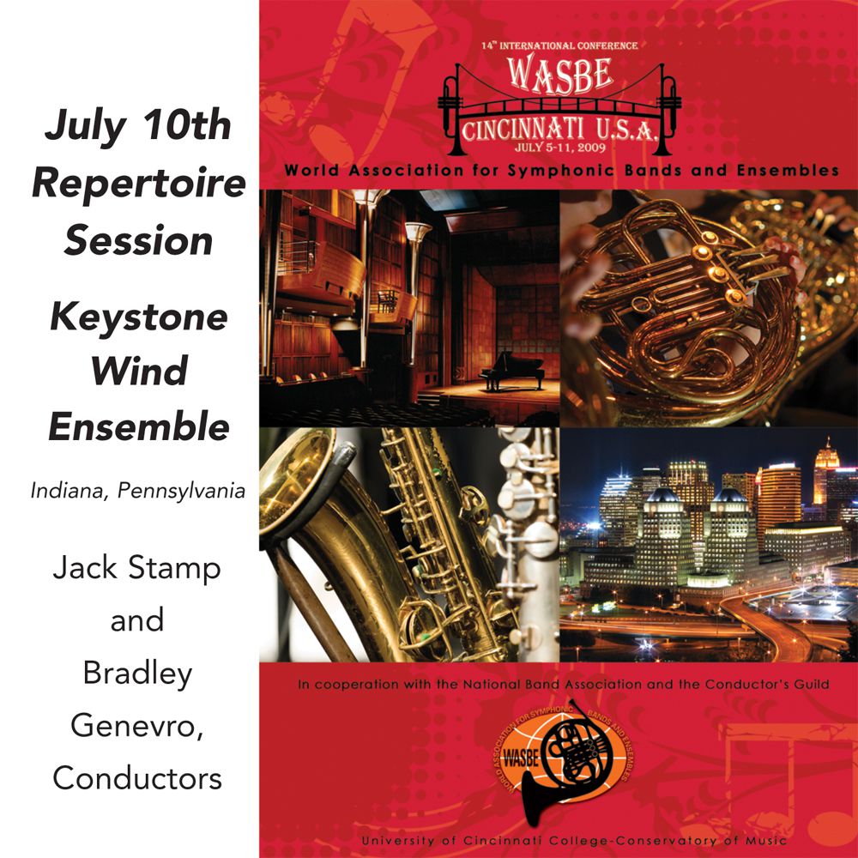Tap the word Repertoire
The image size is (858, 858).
(x=139, y=184)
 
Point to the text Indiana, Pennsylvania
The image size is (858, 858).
(x=138, y=490)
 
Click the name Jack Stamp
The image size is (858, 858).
(x=137, y=567)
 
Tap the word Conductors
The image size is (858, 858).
(x=137, y=777)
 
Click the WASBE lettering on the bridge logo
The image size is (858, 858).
(x=559, y=75)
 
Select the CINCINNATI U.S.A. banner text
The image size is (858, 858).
(x=559, y=130)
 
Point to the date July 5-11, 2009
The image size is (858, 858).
(x=559, y=148)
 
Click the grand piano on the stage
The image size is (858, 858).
(x=511, y=371)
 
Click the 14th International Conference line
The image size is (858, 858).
(x=559, y=46)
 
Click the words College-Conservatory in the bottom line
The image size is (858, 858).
(x=632, y=841)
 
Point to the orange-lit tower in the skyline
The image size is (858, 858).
(x=825, y=474)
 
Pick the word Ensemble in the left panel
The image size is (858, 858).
(x=139, y=426)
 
